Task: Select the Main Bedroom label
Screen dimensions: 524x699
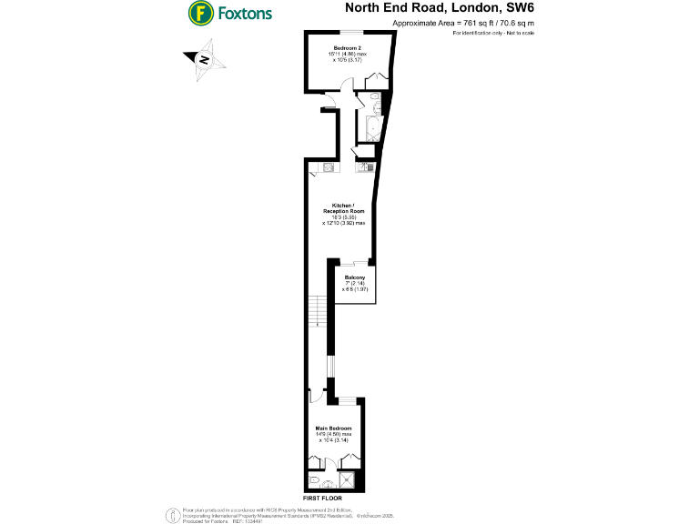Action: pos(333,428)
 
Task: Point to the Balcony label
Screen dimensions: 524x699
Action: pos(354,277)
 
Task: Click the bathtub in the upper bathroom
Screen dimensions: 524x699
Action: pos(372,127)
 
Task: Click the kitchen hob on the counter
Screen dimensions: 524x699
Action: pos(330,167)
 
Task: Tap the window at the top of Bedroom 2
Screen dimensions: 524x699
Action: pos(350,31)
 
